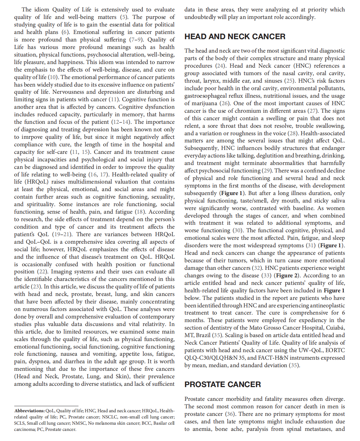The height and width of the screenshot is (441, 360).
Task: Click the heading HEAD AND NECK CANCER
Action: (235, 37)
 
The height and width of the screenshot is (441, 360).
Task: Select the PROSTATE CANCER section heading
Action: (222, 384)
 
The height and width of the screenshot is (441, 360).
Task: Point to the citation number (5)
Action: (124, 17)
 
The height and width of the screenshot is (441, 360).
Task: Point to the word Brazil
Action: (203, 335)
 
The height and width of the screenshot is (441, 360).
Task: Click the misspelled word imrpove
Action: (32, 137)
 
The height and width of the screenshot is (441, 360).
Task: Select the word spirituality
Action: (40, 204)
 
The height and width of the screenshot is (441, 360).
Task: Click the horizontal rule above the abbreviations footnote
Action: (46, 406)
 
